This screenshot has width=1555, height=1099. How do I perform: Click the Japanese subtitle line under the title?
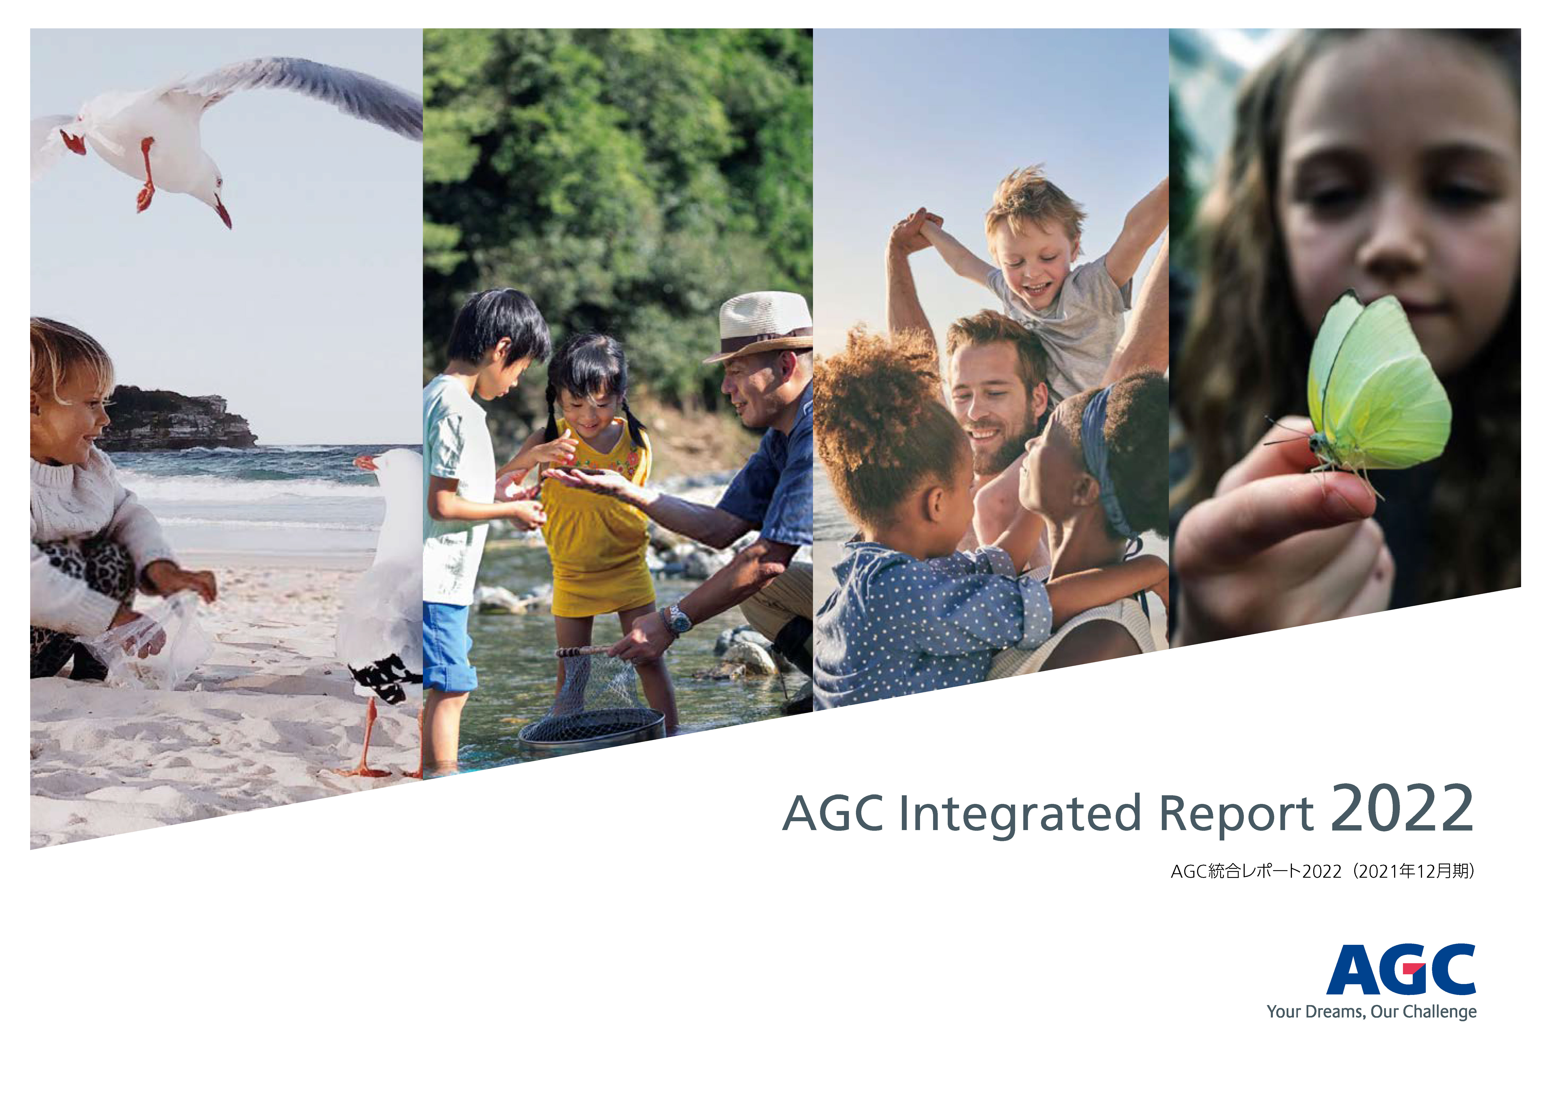pyautogui.click(x=1323, y=871)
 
